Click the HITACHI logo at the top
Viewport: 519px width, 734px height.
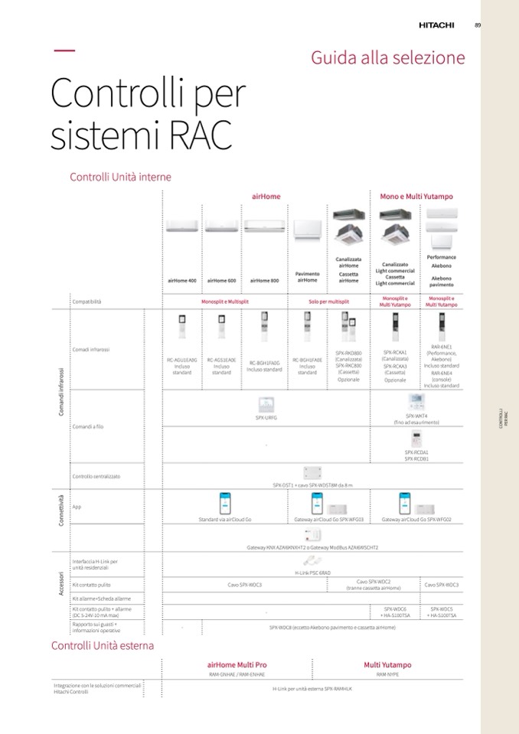(436, 25)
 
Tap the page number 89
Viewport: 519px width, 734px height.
(477, 25)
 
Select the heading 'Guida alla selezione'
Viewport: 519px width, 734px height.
(387, 58)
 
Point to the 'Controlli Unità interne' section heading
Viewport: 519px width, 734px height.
(120, 177)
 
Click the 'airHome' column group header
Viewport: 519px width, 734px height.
(266, 197)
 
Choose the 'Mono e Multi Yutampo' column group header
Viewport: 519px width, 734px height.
(416, 197)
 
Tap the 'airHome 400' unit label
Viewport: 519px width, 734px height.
(182, 281)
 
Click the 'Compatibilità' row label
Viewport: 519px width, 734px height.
(86, 302)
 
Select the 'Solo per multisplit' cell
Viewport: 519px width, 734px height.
(328, 302)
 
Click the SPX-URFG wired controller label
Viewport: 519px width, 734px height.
(266, 417)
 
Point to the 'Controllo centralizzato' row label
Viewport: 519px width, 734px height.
(96, 476)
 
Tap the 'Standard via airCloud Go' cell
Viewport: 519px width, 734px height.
(225, 520)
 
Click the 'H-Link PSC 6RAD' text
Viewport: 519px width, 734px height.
(312, 572)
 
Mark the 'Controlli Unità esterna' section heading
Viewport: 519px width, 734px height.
(103, 645)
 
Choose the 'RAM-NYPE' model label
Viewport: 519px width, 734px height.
(387, 674)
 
